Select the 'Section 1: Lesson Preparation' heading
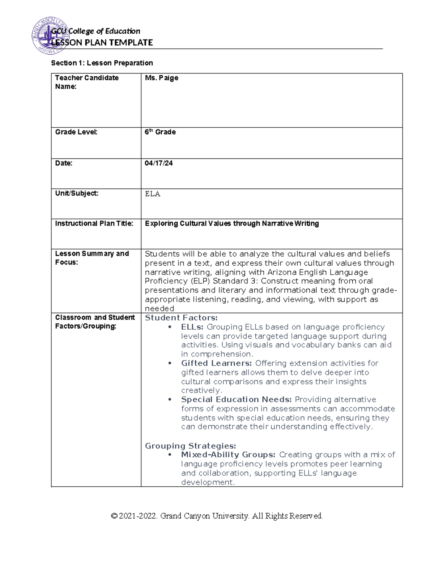(x=102, y=63)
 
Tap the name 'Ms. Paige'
(x=161, y=78)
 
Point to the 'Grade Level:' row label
(x=76, y=132)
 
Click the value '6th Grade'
(x=160, y=132)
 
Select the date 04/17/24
(x=158, y=163)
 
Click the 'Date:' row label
(x=64, y=163)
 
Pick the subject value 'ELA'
(x=152, y=194)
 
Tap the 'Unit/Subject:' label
(x=76, y=193)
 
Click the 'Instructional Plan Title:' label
(x=94, y=224)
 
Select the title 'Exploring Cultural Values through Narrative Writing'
(x=231, y=224)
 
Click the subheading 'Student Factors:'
(x=181, y=318)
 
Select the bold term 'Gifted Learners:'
(x=216, y=363)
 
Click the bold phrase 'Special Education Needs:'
(x=236, y=400)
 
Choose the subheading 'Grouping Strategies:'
(x=190, y=446)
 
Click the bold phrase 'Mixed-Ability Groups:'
(x=228, y=455)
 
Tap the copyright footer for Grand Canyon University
(x=217, y=516)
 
